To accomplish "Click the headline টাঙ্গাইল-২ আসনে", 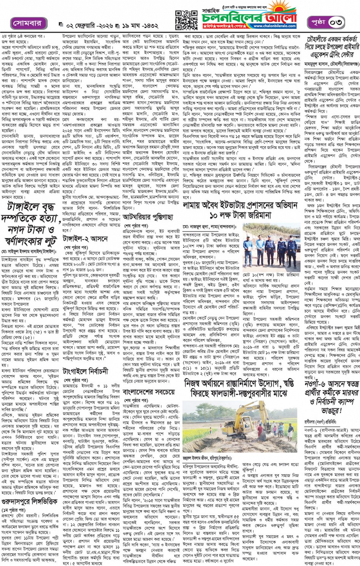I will (x=85, y=239).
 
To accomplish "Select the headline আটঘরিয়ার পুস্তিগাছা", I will (x=148, y=217).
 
